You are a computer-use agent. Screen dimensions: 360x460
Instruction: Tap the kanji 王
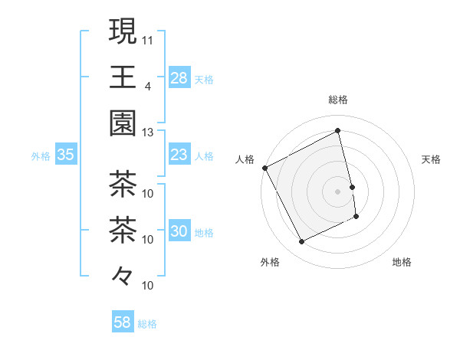coord(123,77)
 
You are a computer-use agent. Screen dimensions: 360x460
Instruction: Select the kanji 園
coord(123,123)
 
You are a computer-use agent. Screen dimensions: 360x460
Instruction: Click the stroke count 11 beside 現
coord(148,39)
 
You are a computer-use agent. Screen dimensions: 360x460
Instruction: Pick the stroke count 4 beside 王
coord(147,86)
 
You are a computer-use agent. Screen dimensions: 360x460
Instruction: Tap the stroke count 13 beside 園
coord(148,132)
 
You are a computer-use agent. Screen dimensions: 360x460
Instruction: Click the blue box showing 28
coord(179,78)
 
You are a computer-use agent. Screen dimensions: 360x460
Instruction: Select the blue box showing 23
coord(179,155)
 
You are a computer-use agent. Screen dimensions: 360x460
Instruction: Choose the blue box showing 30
coord(179,231)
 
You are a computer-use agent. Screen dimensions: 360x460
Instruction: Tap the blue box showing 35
coord(65,155)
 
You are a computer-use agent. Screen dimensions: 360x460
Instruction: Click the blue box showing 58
coord(123,322)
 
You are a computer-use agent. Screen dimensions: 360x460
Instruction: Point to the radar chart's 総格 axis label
coord(338,100)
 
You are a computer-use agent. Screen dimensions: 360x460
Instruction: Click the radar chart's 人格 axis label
coord(245,159)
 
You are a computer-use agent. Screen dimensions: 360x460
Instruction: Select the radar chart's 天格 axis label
coord(432,159)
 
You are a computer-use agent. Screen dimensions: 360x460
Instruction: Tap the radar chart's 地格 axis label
coord(402,262)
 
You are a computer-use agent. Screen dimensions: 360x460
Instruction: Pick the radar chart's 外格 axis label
coord(270,262)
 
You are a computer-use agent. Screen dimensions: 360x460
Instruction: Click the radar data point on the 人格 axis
coord(264,168)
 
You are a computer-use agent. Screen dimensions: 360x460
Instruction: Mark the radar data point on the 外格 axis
coord(301,242)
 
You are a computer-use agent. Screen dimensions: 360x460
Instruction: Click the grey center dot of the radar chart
coord(338,191)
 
